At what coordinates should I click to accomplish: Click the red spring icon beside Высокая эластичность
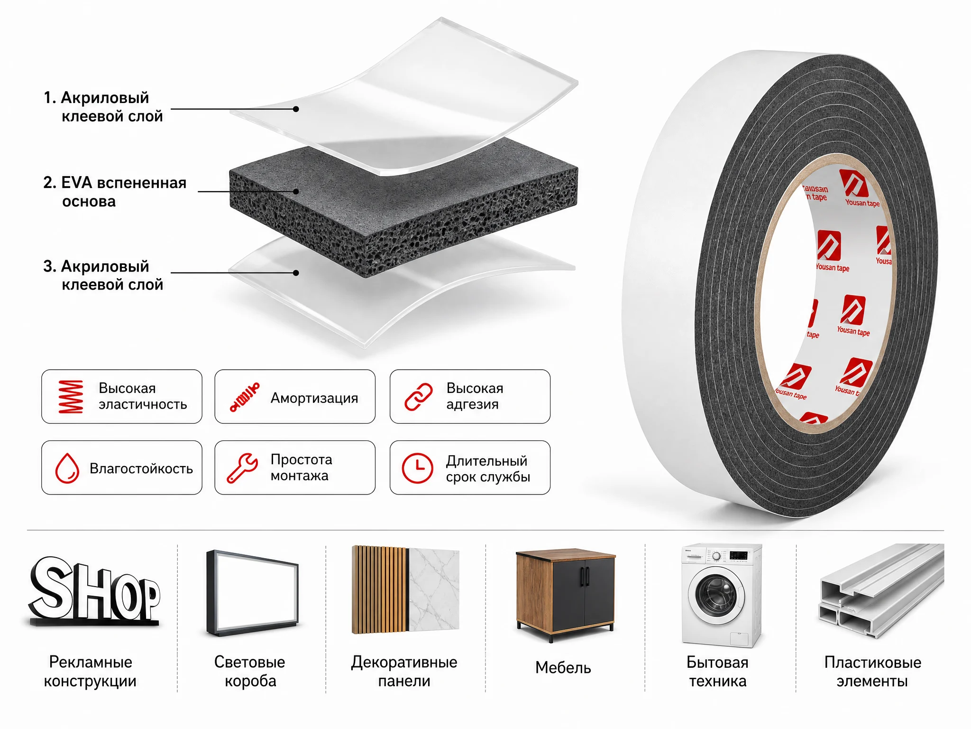(x=71, y=396)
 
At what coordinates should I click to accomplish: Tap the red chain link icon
(x=419, y=397)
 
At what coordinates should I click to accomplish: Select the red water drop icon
(x=67, y=468)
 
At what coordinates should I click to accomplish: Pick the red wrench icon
(x=242, y=468)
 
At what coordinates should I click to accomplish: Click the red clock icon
(x=417, y=468)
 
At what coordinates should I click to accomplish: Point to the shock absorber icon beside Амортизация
(x=245, y=397)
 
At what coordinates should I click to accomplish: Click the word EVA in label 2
(x=76, y=183)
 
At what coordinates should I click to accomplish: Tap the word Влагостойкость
(x=141, y=469)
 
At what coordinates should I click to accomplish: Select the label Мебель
(x=563, y=668)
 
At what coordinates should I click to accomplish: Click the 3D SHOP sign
(x=95, y=590)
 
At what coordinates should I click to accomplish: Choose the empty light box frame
(x=252, y=593)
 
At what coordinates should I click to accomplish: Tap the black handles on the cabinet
(x=585, y=577)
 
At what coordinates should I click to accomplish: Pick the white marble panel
(x=433, y=590)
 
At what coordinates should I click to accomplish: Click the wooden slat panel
(x=380, y=590)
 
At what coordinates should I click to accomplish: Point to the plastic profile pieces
(x=881, y=590)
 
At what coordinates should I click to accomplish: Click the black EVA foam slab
(x=403, y=209)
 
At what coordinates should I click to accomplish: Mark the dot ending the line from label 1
(x=296, y=109)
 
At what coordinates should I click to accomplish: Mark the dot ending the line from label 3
(x=296, y=273)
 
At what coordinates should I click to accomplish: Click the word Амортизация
(x=314, y=398)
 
